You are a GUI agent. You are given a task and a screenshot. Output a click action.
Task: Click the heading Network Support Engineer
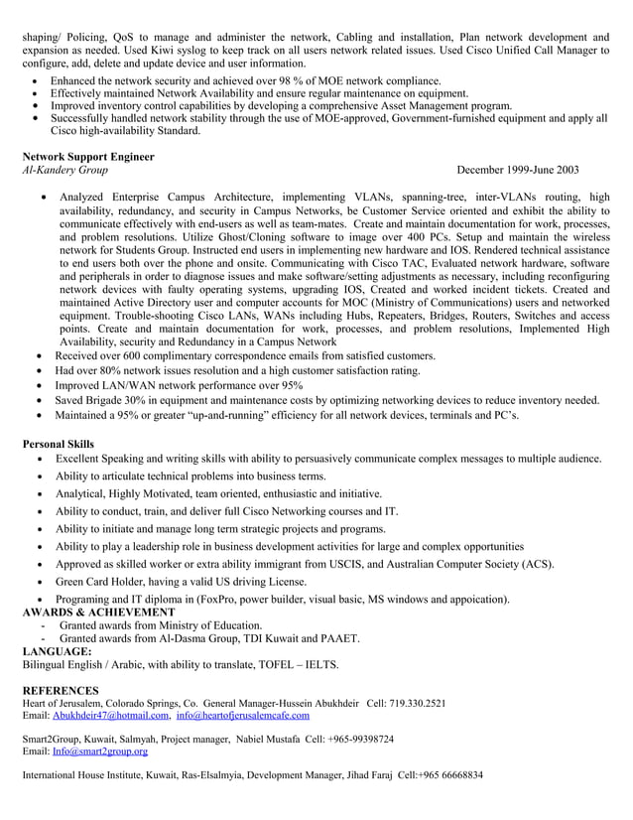(88, 157)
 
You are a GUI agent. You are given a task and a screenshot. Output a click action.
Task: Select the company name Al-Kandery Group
(65, 170)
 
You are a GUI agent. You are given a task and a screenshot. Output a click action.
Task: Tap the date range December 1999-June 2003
(518, 170)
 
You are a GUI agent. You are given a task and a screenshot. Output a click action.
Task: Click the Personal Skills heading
(59, 444)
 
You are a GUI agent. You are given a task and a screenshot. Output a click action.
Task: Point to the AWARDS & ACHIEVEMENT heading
(98, 613)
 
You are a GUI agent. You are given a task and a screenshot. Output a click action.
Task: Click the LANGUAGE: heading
(57, 651)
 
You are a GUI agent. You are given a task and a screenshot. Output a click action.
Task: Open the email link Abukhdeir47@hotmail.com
(110, 715)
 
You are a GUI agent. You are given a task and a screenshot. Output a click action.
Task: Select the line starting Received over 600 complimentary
(245, 355)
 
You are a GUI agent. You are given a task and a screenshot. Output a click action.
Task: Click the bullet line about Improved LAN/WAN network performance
(179, 385)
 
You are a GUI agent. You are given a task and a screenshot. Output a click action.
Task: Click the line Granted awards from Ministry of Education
(161, 625)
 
